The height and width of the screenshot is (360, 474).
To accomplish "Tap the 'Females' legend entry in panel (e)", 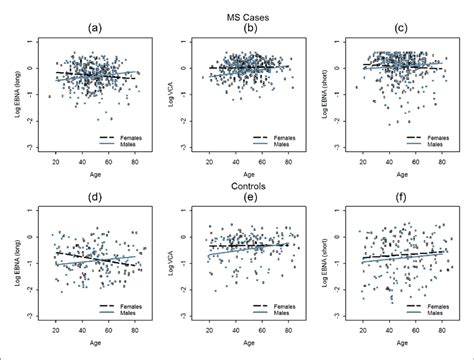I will coord(283,310).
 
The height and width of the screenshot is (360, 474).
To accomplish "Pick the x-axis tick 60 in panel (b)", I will coord(261,161).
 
